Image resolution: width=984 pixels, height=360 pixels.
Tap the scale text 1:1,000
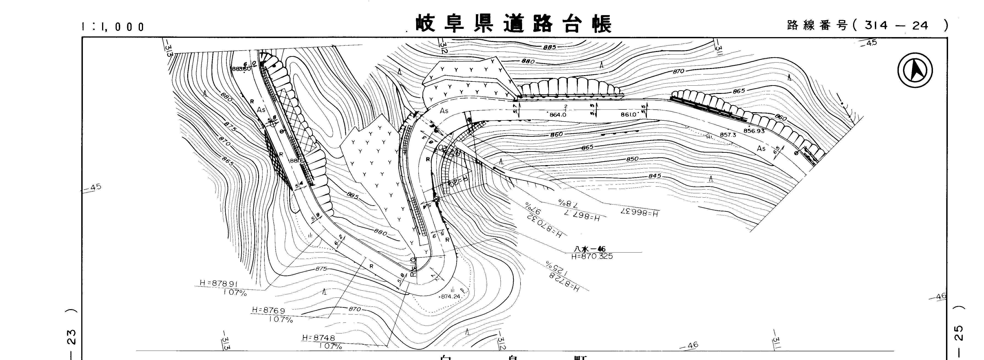point(113,27)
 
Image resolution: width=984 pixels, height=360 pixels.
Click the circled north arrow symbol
point(915,71)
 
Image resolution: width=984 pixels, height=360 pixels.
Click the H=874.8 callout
point(318,338)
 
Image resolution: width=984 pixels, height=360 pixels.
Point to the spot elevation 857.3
point(728,135)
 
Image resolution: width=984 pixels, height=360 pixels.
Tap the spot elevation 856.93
point(754,131)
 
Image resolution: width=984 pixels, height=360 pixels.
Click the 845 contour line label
point(654,176)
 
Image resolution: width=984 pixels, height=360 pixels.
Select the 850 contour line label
point(633,159)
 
